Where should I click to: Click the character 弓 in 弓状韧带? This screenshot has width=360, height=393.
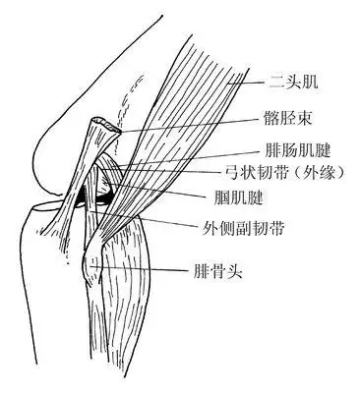tap(257, 172)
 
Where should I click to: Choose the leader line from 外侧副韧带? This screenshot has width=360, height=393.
tap(187, 220)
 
